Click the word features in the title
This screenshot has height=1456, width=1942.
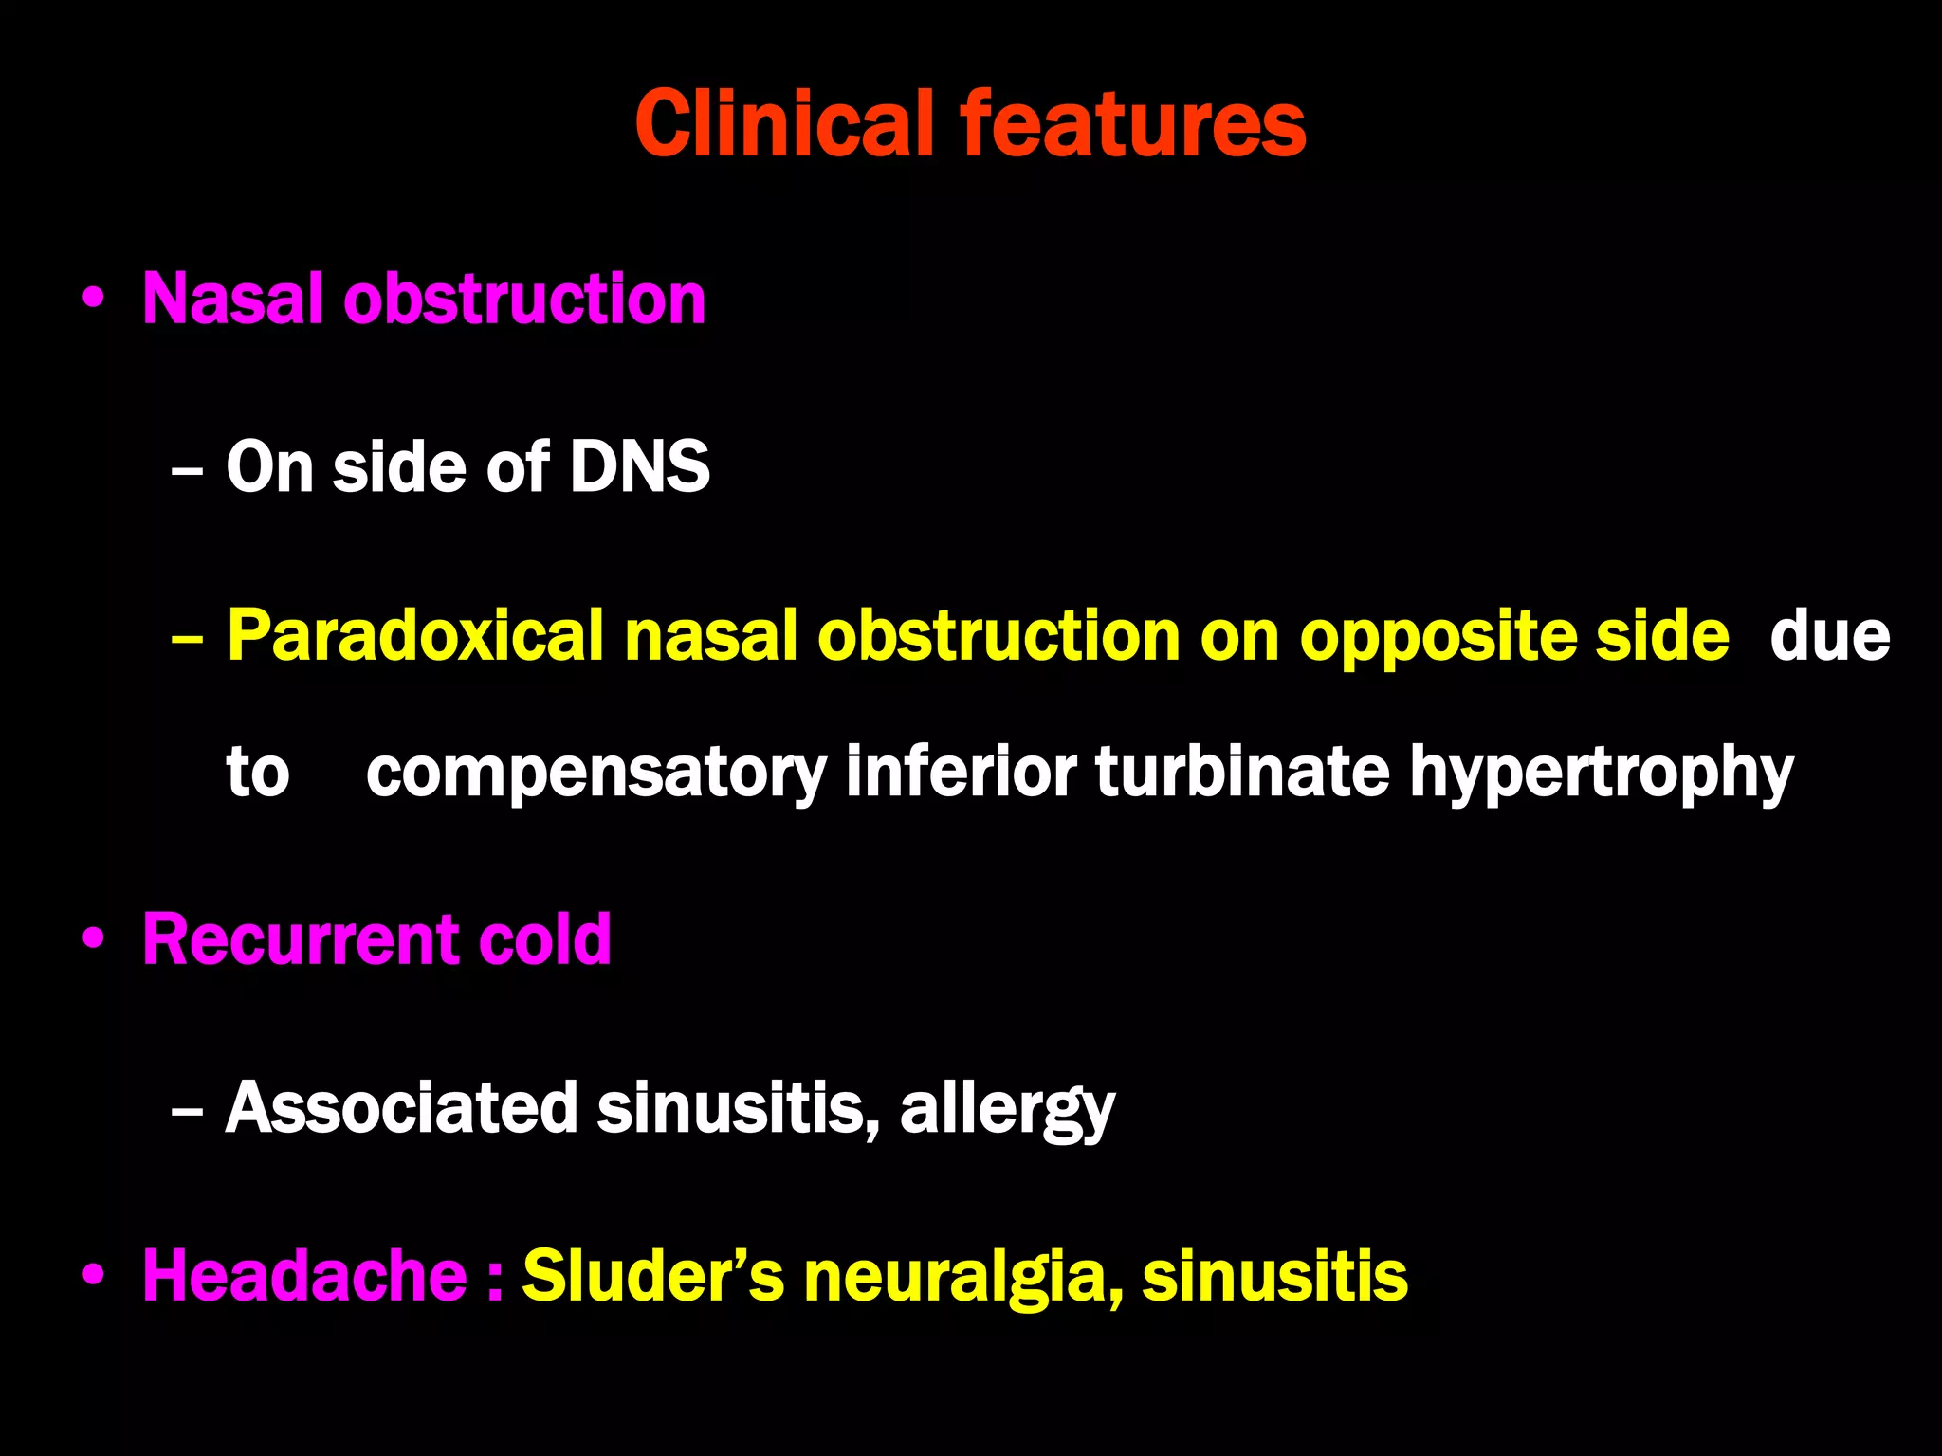(1133, 123)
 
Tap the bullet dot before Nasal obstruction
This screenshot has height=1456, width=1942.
(93, 300)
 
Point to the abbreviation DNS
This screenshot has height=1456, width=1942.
(639, 466)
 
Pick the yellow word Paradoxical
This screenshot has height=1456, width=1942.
(415, 636)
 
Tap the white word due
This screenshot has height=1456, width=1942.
(1829, 636)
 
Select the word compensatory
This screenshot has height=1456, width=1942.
(596, 773)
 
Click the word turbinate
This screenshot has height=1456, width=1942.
(1242, 772)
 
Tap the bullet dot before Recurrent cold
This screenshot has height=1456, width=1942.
(93, 939)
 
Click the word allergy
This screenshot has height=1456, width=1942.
(1007, 1109)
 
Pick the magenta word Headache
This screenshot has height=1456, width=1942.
(304, 1276)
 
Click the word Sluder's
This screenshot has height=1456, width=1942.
(653, 1276)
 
